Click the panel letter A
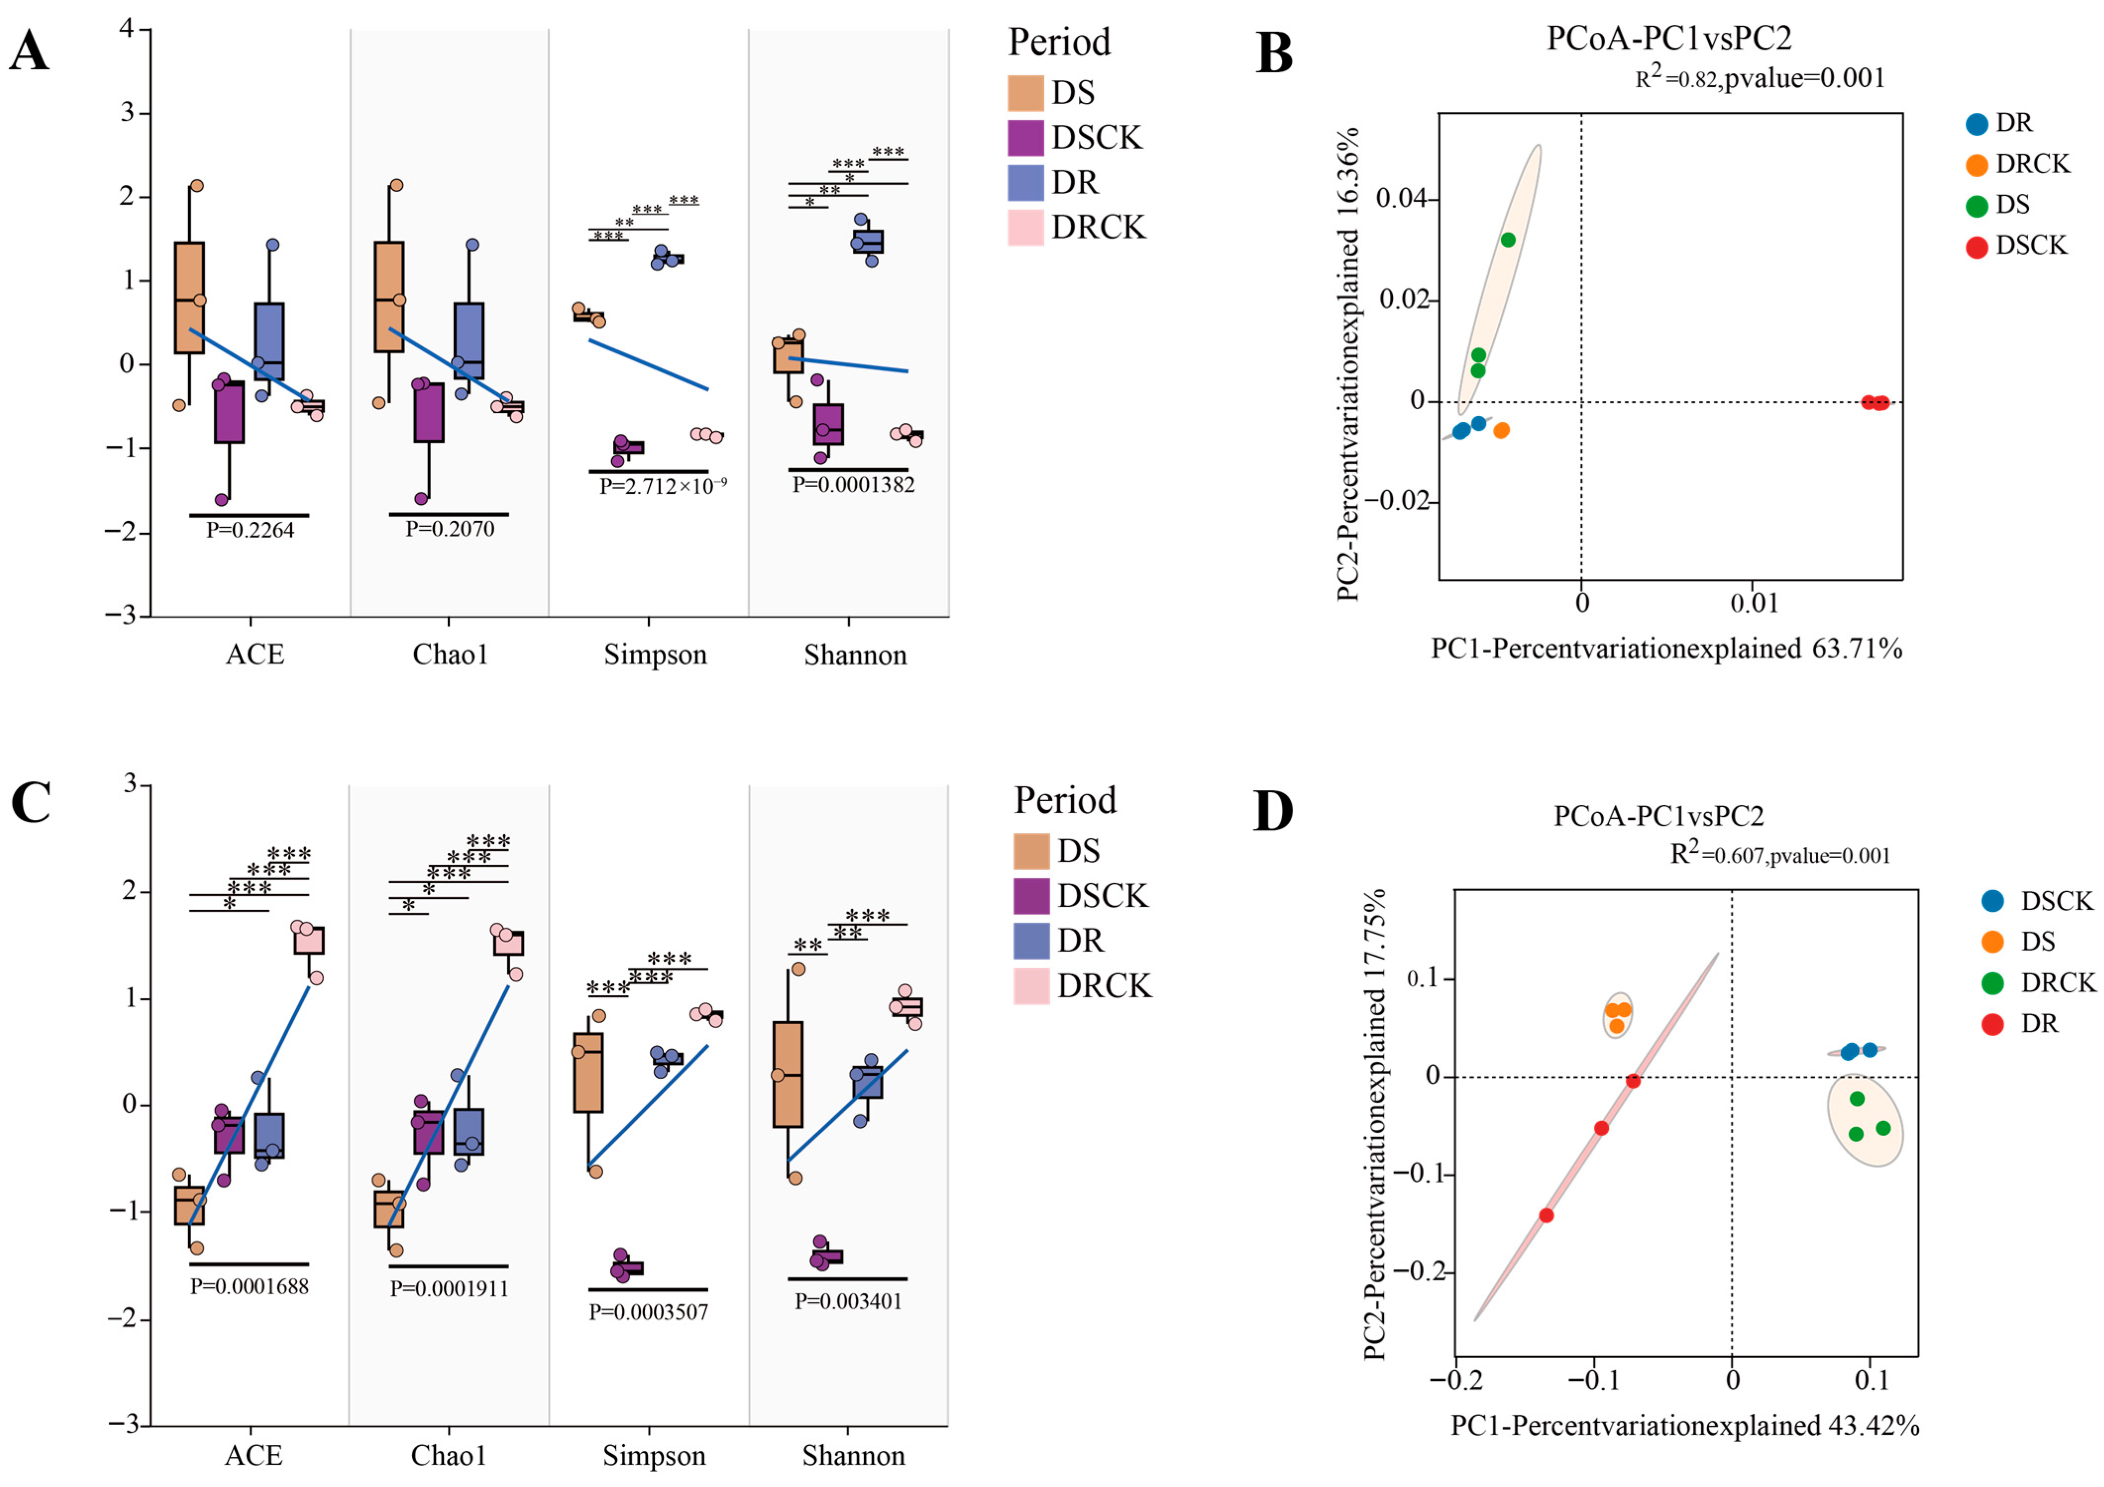tap(29, 52)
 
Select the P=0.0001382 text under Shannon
tap(853, 485)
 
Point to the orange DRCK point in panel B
tap(1501, 430)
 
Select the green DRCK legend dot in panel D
tap(1991, 983)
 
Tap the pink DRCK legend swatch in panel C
tap(1031, 986)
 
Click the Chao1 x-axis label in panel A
tap(450, 655)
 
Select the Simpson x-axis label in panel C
tap(653, 1456)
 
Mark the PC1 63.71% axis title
tap(1666, 649)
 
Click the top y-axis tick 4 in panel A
tap(127, 29)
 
